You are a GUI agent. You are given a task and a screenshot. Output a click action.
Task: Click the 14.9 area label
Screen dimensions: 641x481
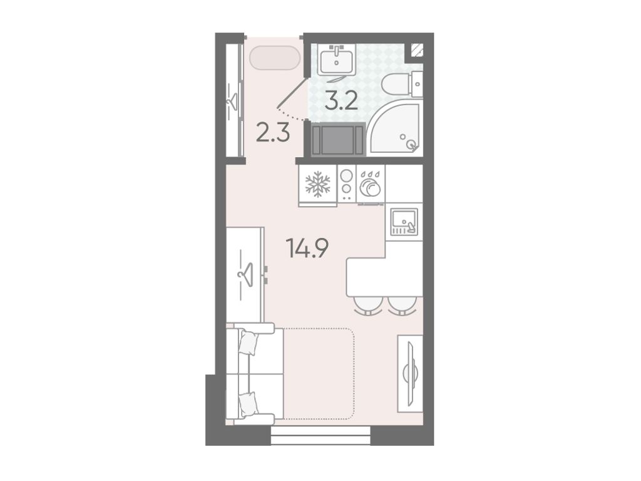pyautogui.click(x=308, y=248)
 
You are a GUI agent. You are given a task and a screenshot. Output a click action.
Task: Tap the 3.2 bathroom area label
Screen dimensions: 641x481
pyautogui.click(x=341, y=101)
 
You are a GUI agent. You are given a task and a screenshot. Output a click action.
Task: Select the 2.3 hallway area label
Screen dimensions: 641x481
pyautogui.click(x=273, y=133)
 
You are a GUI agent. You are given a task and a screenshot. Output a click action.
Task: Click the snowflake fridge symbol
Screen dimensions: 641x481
pyautogui.click(x=317, y=184)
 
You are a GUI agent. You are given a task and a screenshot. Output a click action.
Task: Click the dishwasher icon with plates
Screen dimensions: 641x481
pyautogui.click(x=371, y=185)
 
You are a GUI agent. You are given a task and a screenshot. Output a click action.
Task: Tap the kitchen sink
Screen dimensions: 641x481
pyautogui.click(x=404, y=222)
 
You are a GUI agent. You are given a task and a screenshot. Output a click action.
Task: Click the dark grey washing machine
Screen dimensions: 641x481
pyautogui.click(x=338, y=140)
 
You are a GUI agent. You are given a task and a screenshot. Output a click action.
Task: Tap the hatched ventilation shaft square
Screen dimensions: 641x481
pyautogui.click(x=417, y=50)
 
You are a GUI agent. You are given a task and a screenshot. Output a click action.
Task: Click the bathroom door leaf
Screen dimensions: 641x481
pyautogui.click(x=292, y=93)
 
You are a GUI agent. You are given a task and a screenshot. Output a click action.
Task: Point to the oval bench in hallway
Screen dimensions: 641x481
pyautogui.click(x=275, y=58)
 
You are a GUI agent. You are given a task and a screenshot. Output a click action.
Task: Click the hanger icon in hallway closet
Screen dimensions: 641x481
pyautogui.click(x=233, y=101)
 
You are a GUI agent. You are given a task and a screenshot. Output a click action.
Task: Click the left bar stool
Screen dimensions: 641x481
pyautogui.click(x=367, y=306)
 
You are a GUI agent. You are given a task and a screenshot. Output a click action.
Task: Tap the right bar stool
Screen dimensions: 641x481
pyautogui.click(x=402, y=306)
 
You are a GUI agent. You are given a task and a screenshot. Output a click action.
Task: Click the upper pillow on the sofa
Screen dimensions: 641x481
pyautogui.click(x=249, y=343)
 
